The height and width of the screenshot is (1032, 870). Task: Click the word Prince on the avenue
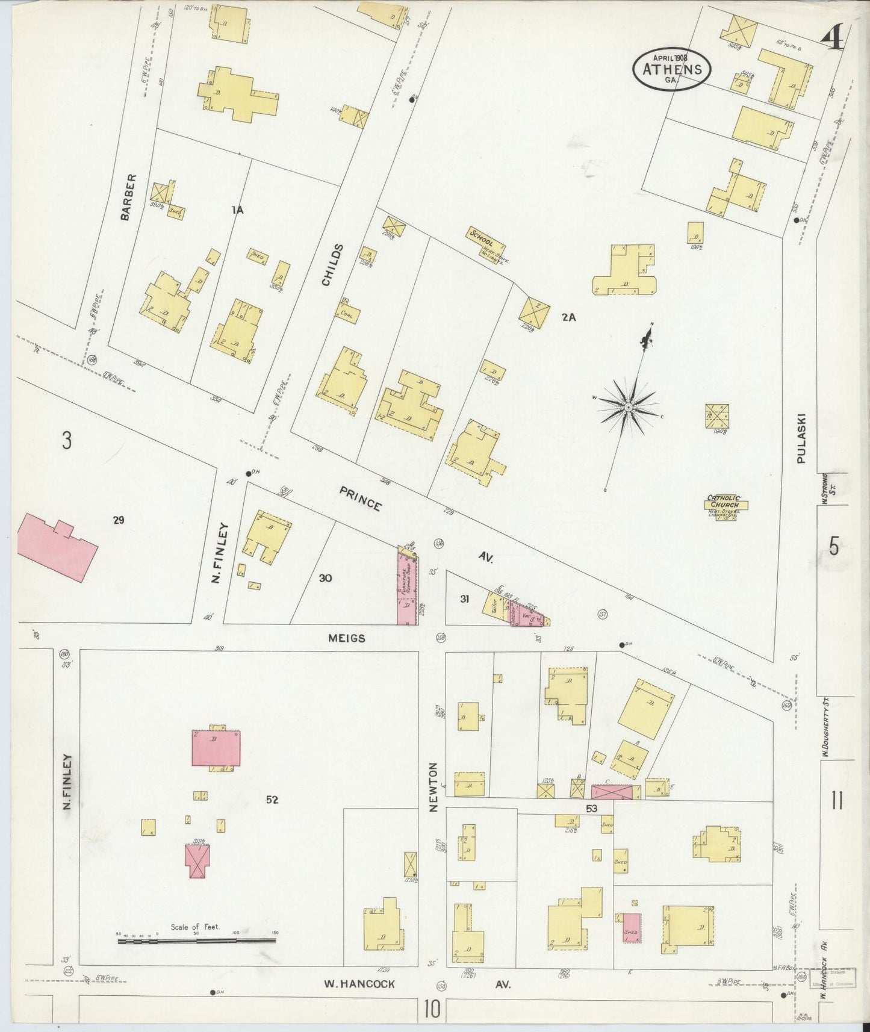pyautogui.click(x=360, y=499)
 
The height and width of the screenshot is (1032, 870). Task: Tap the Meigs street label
pyautogui.click(x=347, y=638)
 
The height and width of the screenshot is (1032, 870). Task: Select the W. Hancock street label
pyautogui.click(x=359, y=984)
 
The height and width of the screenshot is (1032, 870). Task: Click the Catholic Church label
pyautogui.click(x=724, y=502)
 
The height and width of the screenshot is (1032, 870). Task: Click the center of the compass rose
pyautogui.click(x=628, y=408)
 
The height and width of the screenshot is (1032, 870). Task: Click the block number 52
pyautogui.click(x=272, y=800)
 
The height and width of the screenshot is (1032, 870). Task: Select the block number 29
pyautogui.click(x=118, y=520)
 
